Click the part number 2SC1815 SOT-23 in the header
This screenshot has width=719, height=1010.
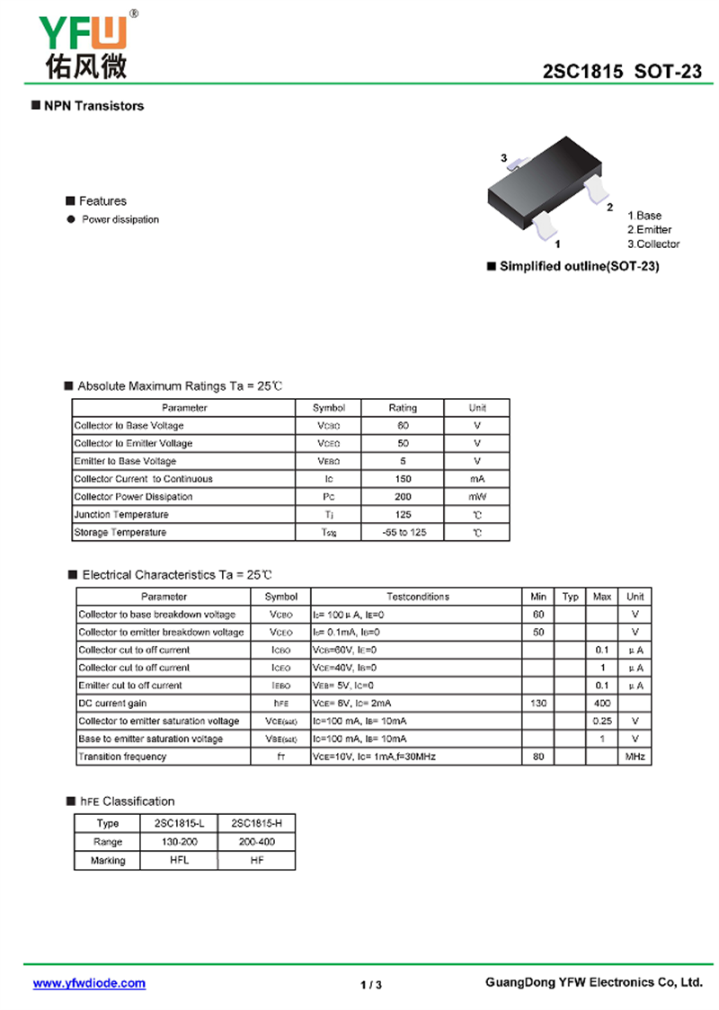[622, 73]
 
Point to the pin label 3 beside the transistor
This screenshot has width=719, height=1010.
[504, 158]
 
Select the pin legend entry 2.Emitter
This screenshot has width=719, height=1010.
[650, 230]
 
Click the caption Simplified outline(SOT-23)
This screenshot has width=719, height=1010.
[579, 267]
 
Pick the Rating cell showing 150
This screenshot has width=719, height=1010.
[403, 479]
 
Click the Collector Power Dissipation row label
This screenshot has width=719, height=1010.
[133, 497]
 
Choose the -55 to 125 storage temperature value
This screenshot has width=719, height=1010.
[403, 533]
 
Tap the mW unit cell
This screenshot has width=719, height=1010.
[476, 497]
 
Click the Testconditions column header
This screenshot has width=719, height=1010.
[417, 597]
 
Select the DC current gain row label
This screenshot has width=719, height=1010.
[112, 704]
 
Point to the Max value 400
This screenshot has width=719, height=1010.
[602, 704]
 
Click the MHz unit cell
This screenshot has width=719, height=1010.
[635, 757]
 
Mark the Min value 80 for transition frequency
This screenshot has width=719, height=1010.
[538, 757]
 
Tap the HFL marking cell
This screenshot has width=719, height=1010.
[179, 860]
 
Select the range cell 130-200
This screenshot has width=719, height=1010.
[179, 842]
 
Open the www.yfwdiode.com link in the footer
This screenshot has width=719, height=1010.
[89, 983]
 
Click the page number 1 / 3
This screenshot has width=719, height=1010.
[371, 985]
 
